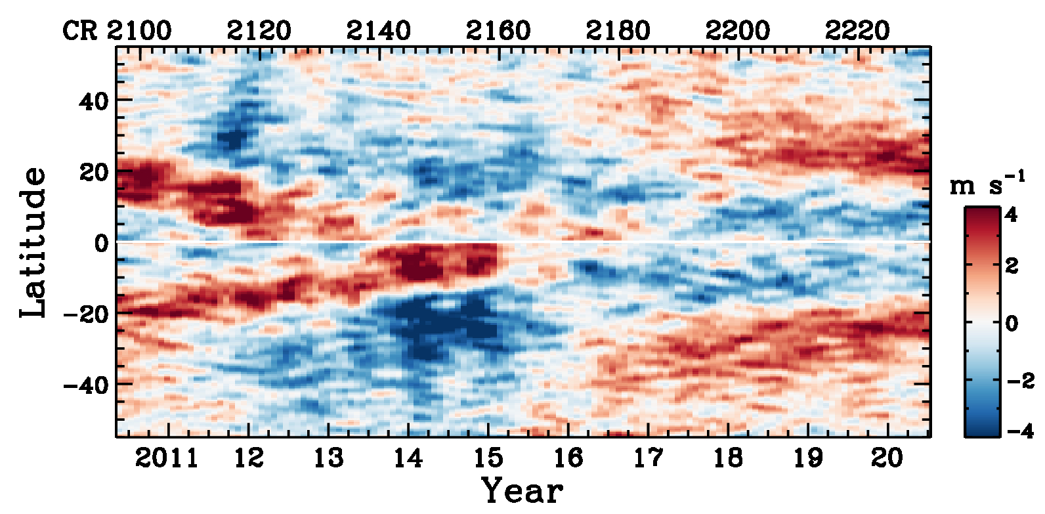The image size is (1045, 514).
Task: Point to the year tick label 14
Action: (408, 458)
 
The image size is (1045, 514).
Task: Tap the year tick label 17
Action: (648, 458)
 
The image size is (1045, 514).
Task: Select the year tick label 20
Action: (887, 458)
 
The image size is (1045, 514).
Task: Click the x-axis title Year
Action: (522, 490)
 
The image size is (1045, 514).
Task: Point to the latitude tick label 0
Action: (101, 244)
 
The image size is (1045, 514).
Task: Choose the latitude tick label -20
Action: (85, 314)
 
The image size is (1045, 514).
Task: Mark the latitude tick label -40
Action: (85, 385)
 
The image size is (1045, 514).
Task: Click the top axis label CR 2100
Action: (117, 31)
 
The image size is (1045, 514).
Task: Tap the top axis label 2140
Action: (378, 31)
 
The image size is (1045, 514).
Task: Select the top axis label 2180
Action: (618, 31)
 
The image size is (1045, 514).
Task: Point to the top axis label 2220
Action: (857, 31)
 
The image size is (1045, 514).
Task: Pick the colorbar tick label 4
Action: (1012, 215)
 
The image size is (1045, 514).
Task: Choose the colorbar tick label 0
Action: (1012, 323)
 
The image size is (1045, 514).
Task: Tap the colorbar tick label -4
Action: (1019, 431)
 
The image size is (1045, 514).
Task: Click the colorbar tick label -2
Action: (1019, 380)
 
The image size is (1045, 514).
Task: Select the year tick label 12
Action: (249, 458)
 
